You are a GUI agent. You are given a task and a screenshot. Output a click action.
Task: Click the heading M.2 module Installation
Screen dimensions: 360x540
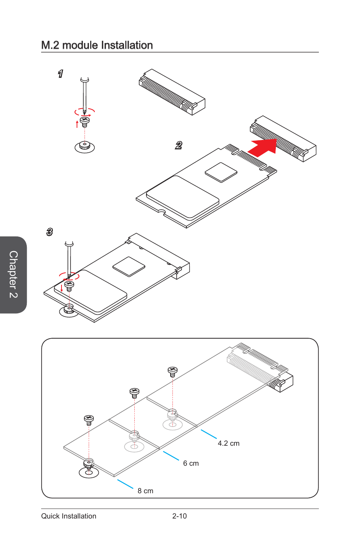coord(97,45)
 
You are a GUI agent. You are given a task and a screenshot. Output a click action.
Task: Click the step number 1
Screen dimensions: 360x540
coord(60,74)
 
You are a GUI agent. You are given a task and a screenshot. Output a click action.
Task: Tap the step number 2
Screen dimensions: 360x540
coord(178,145)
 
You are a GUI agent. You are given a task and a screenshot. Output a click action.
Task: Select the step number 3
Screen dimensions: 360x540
coord(49,232)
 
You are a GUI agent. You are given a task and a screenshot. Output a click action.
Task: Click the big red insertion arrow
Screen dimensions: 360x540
coord(262,147)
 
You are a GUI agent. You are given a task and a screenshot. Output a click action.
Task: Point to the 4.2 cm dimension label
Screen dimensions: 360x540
coord(229,443)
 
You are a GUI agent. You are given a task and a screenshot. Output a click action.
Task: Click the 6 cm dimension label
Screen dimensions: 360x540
coord(191,463)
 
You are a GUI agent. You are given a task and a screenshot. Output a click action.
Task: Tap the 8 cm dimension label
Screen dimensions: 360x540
coord(145,491)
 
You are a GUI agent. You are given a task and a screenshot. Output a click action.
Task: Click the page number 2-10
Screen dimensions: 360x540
coord(180,516)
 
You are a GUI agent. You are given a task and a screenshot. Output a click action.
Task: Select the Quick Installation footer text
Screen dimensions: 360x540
coord(69,516)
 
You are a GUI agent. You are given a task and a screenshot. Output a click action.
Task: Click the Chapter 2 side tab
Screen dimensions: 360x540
coord(13,275)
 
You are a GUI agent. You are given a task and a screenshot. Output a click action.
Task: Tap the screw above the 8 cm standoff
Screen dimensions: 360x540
coord(89,420)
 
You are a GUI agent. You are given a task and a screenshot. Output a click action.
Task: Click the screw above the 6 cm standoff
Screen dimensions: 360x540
coord(134,393)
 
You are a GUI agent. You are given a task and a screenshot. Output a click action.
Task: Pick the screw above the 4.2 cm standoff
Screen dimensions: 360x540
coord(172,372)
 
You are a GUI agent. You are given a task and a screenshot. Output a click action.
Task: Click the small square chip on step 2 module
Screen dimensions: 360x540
coord(221,172)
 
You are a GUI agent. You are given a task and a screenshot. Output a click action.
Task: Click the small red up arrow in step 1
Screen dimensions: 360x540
coord(77,124)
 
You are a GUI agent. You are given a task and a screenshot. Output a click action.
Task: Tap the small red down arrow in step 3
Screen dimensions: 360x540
coord(62,288)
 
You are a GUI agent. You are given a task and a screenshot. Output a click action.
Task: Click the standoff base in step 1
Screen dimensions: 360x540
coord(85,147)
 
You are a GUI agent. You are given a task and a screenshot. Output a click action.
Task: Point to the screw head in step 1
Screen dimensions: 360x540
coord(85,120)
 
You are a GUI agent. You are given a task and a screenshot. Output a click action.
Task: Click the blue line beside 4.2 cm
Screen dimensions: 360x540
coord(209,434)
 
